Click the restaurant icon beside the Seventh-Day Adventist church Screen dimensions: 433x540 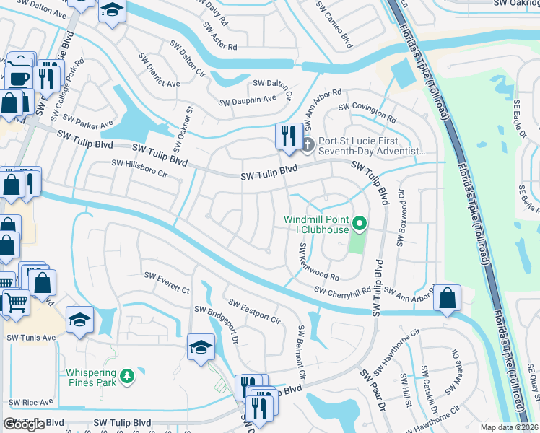pyautogui.click(x=289, y=135)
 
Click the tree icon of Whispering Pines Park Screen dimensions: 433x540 pyautogui.click(x=127, y=376)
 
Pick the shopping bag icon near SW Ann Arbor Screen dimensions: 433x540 pyautogui.click(x=448, y=297)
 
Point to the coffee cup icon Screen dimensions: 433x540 pyautogui.click(x=19, y=77)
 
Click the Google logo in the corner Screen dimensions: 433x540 pyautogui.click(x=24, y=424)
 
